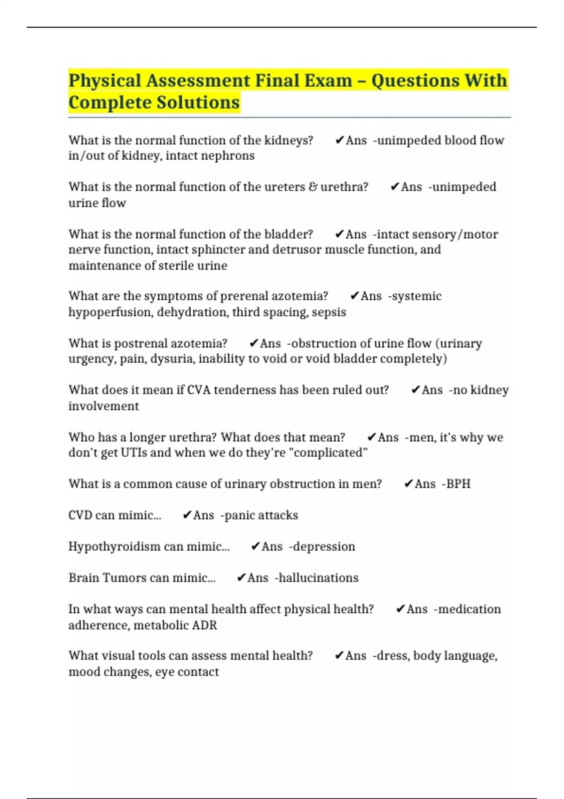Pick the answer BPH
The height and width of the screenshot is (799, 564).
click(x=458, y=484)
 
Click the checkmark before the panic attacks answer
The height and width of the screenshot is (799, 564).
click(x=187, y=515)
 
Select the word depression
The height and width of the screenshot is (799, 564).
click(x=324, y=547)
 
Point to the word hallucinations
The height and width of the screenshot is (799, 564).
click(x=318, y=578)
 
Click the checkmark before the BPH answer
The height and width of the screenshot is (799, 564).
click(x=408, y=484)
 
